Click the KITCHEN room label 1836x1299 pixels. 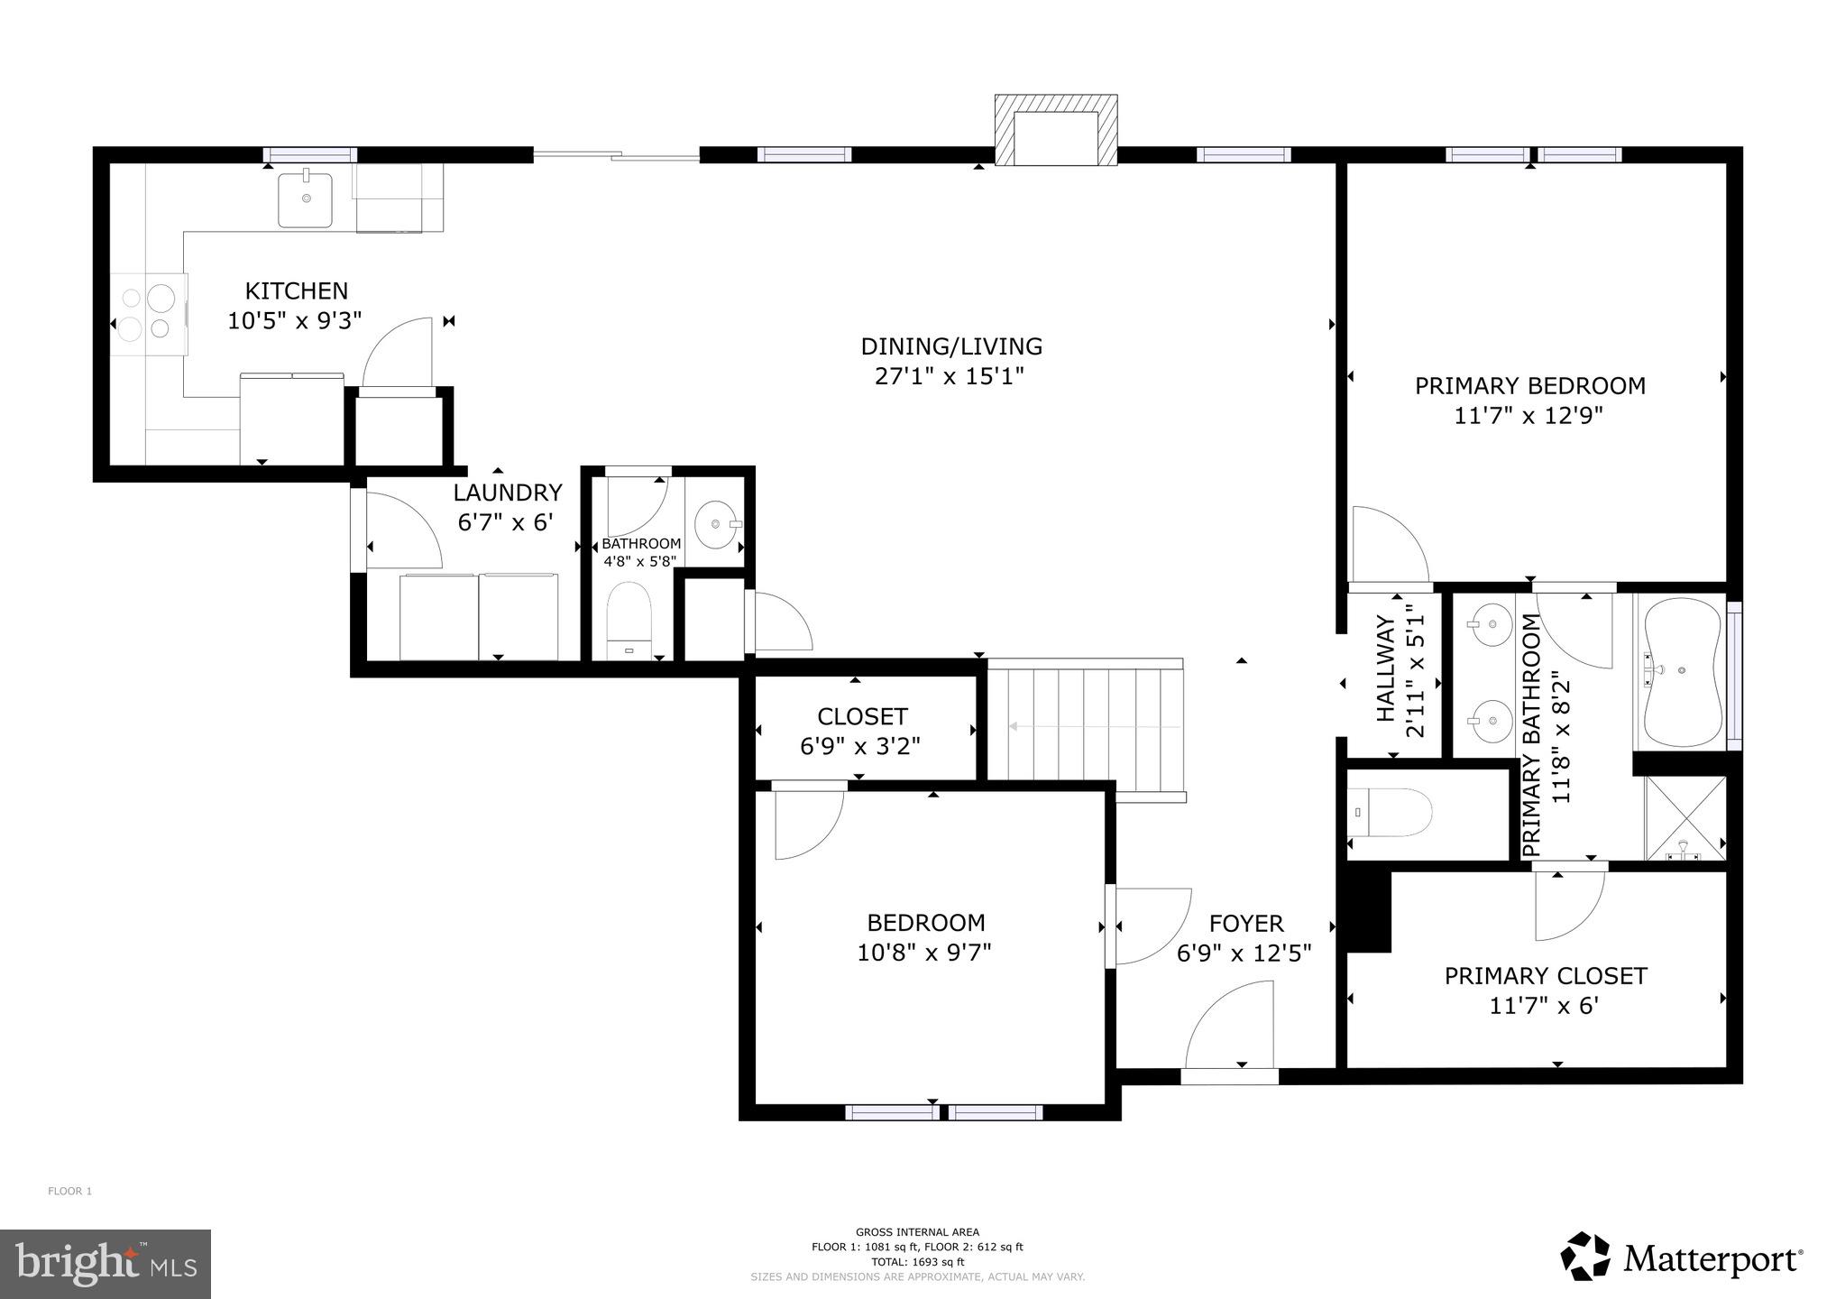[296, 291]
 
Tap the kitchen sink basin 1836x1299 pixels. [305, 200]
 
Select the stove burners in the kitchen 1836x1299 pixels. [148, 313]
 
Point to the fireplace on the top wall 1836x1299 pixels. [1055, 132]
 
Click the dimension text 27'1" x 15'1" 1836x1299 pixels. [950, 376]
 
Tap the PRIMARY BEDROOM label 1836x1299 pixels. [1529, 386]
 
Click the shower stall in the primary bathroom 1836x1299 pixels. [1685, 818]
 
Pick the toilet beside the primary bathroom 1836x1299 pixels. [1392, 813]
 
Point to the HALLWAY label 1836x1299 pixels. [1386, 669]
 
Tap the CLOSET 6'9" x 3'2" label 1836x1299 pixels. [861, 732]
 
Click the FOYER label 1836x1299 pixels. [1245, 924]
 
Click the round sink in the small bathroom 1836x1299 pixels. [717, 523]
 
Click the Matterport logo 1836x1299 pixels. [1682, 1257]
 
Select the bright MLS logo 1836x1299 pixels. [106, 1264]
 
